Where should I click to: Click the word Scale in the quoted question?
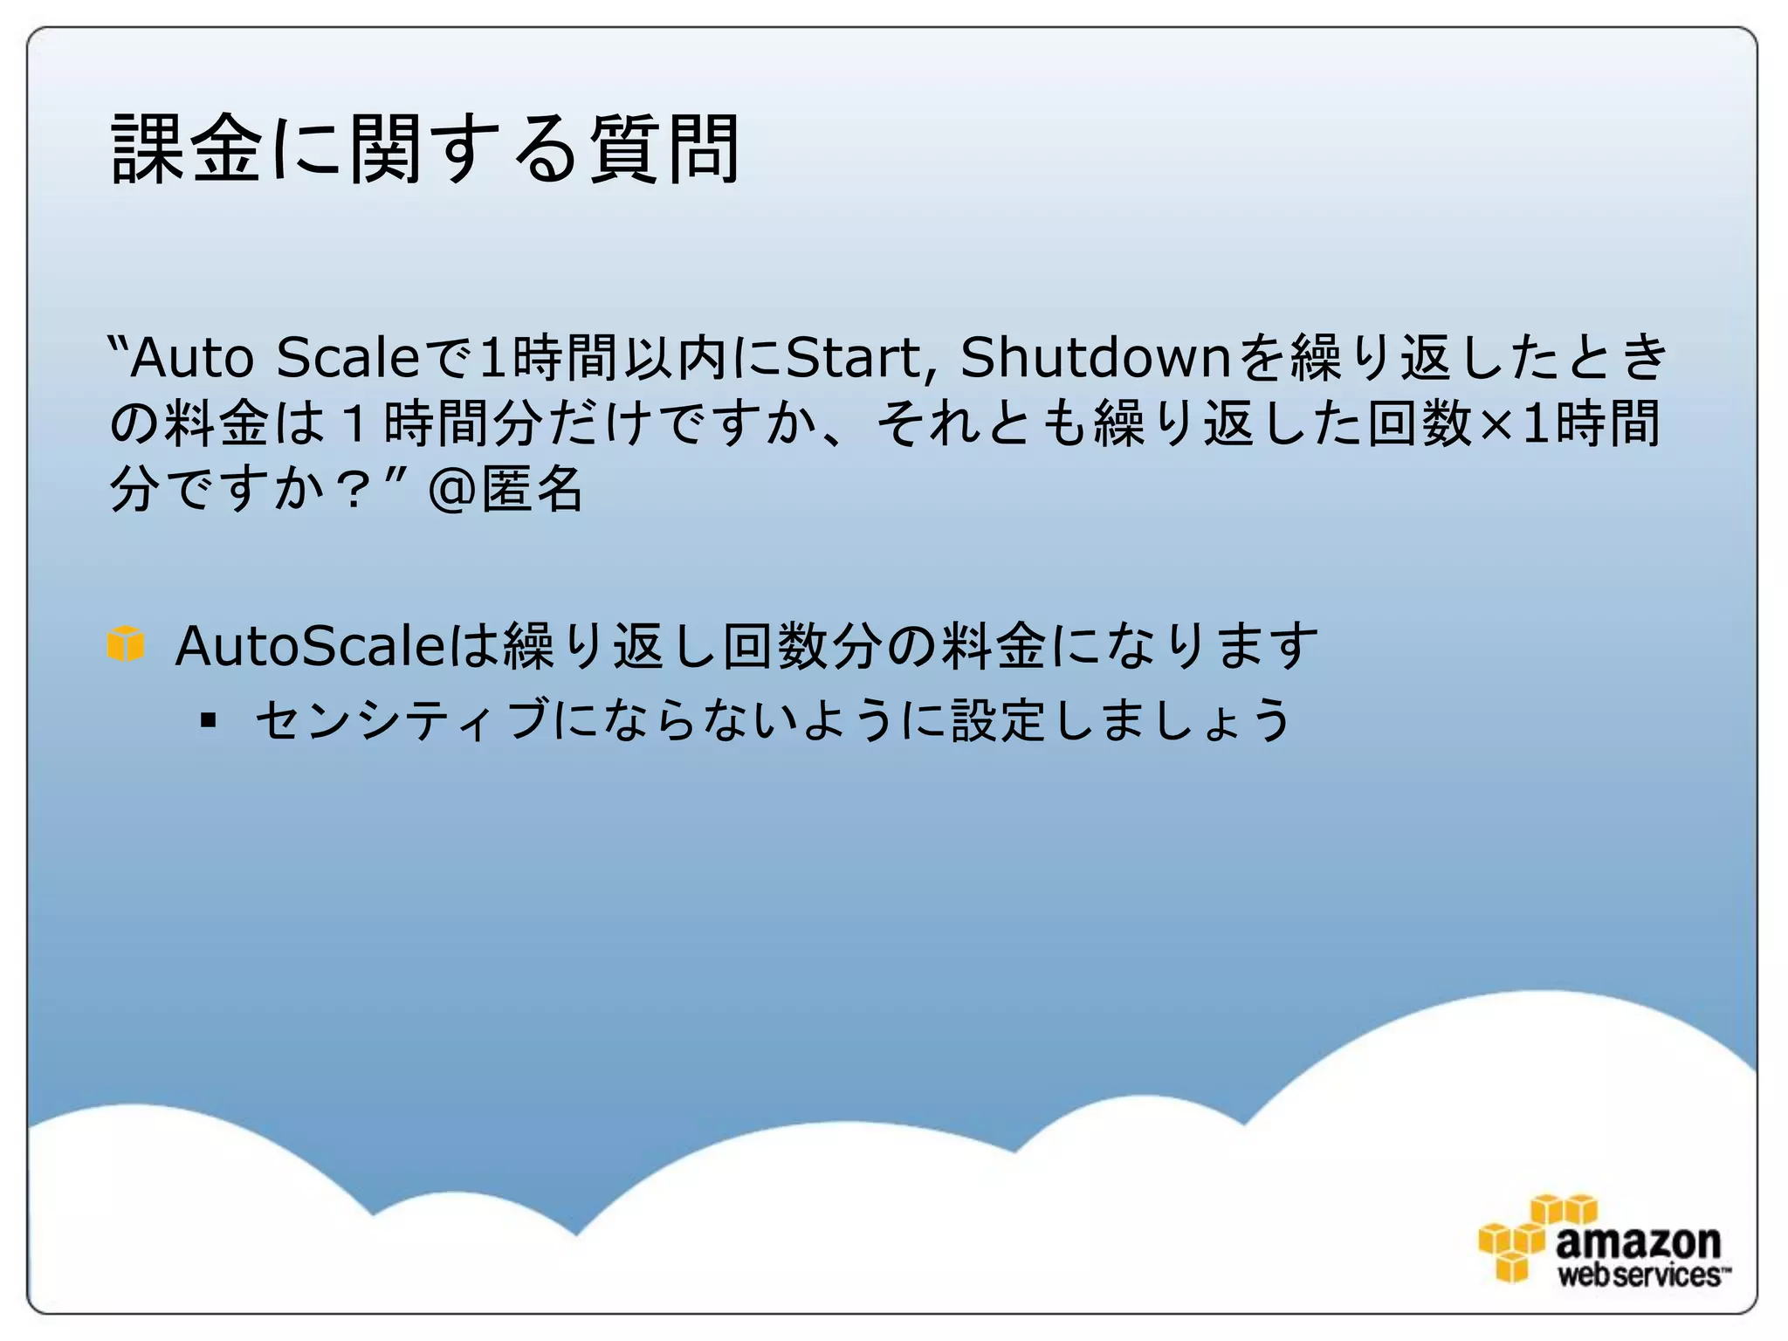347,357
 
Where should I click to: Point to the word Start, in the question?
854,357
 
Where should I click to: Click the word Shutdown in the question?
1096,357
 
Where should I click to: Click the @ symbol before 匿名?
451,490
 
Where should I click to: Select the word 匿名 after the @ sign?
533,488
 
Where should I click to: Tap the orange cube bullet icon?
126,644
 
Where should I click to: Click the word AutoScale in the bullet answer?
310,646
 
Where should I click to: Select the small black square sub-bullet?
208,720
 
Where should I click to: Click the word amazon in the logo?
1638,1241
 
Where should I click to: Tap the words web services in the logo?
1640,1276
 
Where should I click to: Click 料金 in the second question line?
216,423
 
